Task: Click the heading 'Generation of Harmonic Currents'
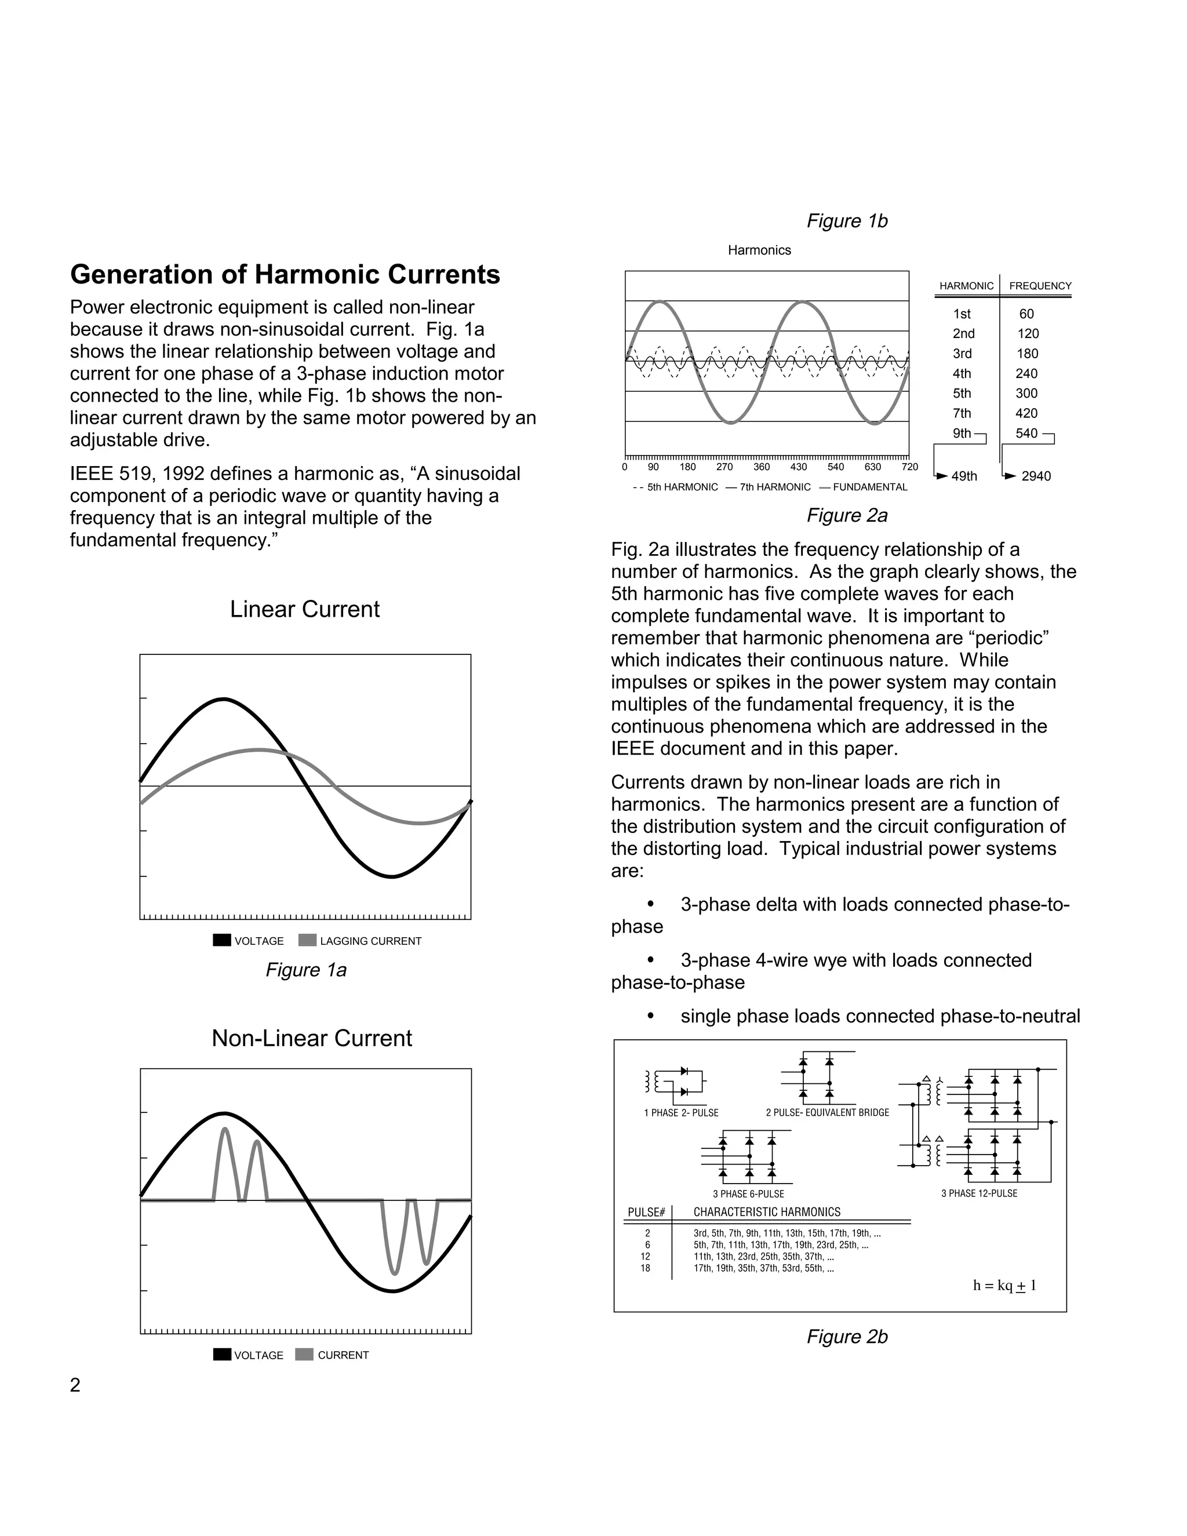tap(285, 274)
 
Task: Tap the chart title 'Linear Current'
tap(304, 609)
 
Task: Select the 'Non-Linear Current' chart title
tap(311, 1038)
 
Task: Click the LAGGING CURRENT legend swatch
tap(307, 940)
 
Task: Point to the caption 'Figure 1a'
tap(306, 970)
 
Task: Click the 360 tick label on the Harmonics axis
tap(762, 467)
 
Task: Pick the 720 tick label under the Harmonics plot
tap(909, 467)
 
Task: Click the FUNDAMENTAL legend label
tap(870, 487)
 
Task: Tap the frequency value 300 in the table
tap(1026, 393)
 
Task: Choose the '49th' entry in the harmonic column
tap(964, 476)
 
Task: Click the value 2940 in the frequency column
tap(1036, 476)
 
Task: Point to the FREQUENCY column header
tap(1040, 286)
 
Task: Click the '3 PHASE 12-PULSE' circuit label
tap(979, 1193)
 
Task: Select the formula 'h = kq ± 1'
tap(1004, 1286)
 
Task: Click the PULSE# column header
tap(646, 1213)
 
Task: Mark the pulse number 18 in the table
tap(646, 1268)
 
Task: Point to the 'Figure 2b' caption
tap(847, 1337)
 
